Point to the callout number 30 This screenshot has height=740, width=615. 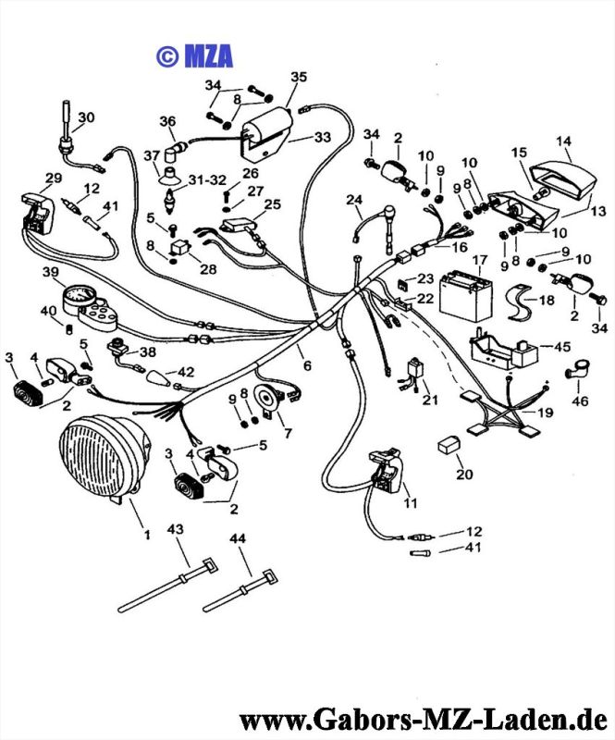coord(86,117)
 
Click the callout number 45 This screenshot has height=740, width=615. coord(561,347)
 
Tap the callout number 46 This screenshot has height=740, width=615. coord(580,402)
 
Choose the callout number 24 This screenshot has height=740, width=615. coord(355,200)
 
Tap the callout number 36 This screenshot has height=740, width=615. coord(166,121)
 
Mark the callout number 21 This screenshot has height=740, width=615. coord(428,400)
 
